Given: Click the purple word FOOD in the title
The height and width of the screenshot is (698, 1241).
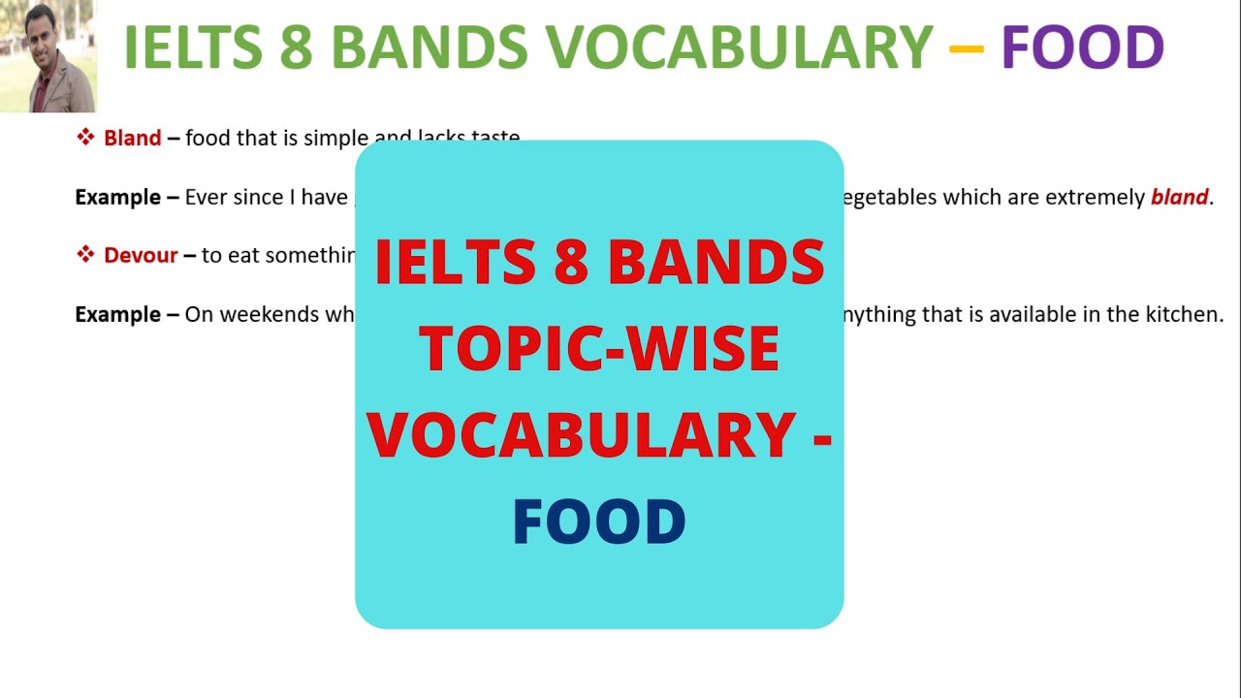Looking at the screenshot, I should tap(1082, 47).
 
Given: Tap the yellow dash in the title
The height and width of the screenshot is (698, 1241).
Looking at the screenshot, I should tap(967, 47).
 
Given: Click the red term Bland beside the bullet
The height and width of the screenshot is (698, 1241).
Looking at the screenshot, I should tap(132, 138).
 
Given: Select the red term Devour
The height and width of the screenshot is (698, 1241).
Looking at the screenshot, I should tap(141, 256).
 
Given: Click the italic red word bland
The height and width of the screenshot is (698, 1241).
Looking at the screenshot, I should tap(1179, 198).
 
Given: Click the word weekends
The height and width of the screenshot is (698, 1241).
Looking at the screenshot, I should tap(262, 315).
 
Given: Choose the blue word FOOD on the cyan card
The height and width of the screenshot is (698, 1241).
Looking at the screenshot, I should tap(599, 523).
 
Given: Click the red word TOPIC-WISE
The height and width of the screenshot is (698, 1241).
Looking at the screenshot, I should tap(599, 350).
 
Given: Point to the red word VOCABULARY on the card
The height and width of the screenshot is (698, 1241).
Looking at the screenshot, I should tap(582, 435).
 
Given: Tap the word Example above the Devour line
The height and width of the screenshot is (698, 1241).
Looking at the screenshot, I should tap(118, 198).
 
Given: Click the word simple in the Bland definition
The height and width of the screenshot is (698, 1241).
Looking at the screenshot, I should tap(337, 138).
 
